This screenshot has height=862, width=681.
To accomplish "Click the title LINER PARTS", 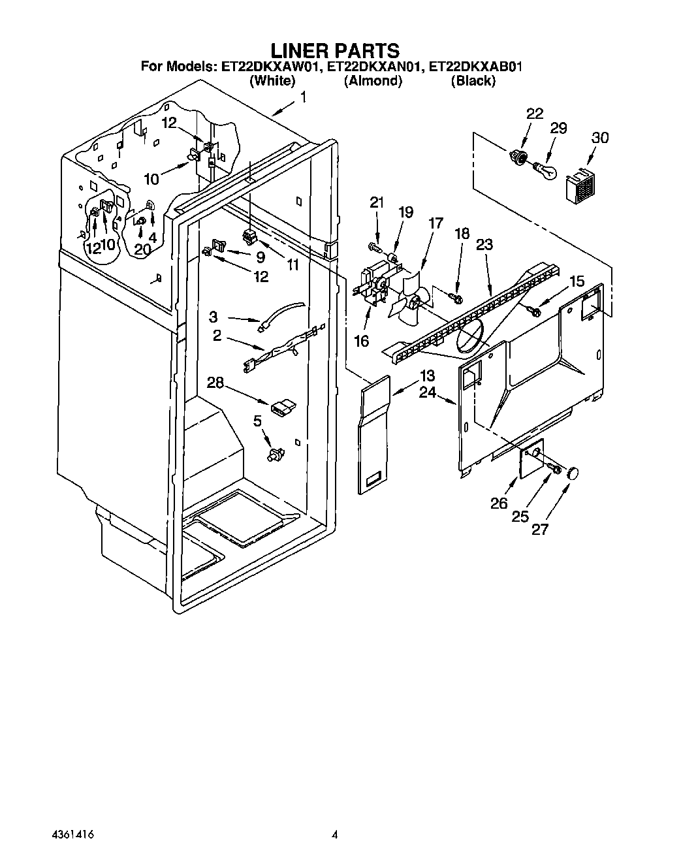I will click(334, 50).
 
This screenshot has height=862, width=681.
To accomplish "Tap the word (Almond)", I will click(373, 81).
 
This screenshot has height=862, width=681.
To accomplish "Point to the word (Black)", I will click(473, 81).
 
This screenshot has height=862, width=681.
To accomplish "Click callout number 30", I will click(599, 138).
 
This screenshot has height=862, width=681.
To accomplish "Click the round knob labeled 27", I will click(573, 473).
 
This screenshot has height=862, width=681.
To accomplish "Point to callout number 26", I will click(499, 503).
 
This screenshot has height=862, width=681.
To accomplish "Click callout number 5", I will click(258, 423).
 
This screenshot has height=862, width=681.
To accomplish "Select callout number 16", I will click(361, 340).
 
